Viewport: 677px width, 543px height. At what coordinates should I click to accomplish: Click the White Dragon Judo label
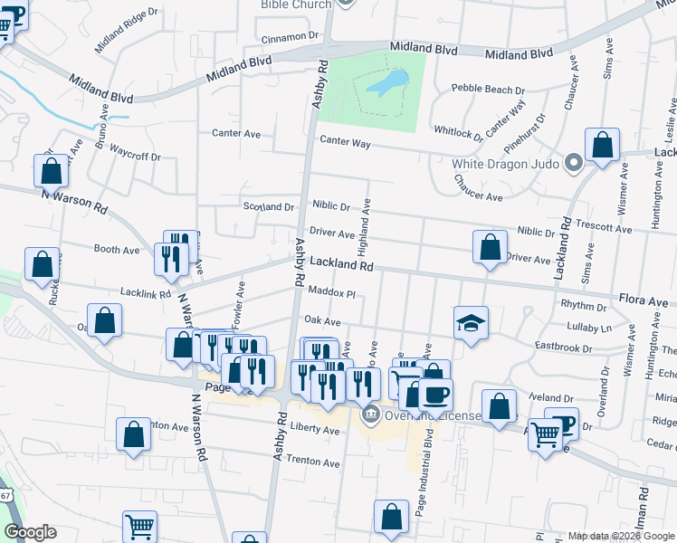504,165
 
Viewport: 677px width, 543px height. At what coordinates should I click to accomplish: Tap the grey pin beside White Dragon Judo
572,165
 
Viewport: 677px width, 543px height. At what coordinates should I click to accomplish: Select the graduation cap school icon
471,325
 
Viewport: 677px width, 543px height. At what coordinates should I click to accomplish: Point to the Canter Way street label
348,142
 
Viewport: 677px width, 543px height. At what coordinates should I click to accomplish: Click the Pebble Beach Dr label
489,90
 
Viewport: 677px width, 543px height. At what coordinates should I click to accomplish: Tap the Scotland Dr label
269,206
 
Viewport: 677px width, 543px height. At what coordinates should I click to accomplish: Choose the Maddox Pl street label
332,293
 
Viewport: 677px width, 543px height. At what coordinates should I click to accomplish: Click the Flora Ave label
643,299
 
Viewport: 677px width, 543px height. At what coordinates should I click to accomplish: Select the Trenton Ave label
312,462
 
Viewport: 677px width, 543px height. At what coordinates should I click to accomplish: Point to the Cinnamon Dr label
291,37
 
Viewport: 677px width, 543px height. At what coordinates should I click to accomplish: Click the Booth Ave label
117,248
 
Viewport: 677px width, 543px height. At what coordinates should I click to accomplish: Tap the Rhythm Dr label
583,306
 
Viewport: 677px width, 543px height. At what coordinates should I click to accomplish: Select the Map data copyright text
621,536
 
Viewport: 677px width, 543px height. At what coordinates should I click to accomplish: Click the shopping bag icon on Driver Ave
490,247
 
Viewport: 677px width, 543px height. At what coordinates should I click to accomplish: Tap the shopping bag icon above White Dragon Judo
602,145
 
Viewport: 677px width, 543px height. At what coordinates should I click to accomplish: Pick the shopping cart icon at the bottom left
139,526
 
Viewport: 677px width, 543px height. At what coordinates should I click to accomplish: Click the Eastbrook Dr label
563,347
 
